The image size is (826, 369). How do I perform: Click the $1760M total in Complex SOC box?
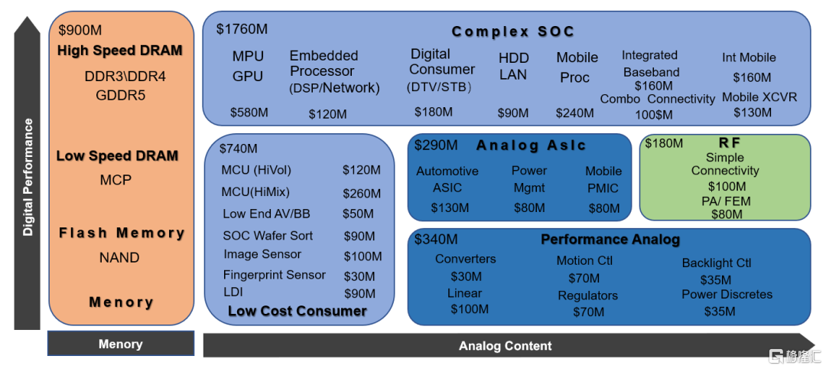pos(242,28)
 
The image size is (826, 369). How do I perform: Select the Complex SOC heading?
pos(513,32)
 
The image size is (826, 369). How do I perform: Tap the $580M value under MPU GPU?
pos(249,113)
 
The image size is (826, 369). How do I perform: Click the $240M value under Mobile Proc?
pos(574,113)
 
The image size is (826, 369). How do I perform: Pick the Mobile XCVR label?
pos(759,97)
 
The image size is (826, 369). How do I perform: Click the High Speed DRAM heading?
pos(120,51)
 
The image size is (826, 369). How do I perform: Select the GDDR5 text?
pos(121,96)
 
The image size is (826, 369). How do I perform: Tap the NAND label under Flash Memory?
pos(119,258)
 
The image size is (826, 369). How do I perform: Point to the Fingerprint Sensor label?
pos(275,275)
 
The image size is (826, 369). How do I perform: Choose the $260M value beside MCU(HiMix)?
pos(361,193)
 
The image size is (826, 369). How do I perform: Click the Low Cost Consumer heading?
pos(297,311)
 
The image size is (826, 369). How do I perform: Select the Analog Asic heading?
pos(531,145)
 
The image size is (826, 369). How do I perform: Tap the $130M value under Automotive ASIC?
pos(450,207)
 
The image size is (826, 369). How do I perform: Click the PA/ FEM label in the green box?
pos(727,201)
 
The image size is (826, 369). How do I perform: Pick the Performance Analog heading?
pos(610,240)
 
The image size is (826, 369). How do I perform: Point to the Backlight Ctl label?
pos(717,263)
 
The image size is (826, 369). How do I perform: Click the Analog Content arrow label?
pos(506,346)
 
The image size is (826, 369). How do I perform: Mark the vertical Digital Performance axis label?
pos(28,177)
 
